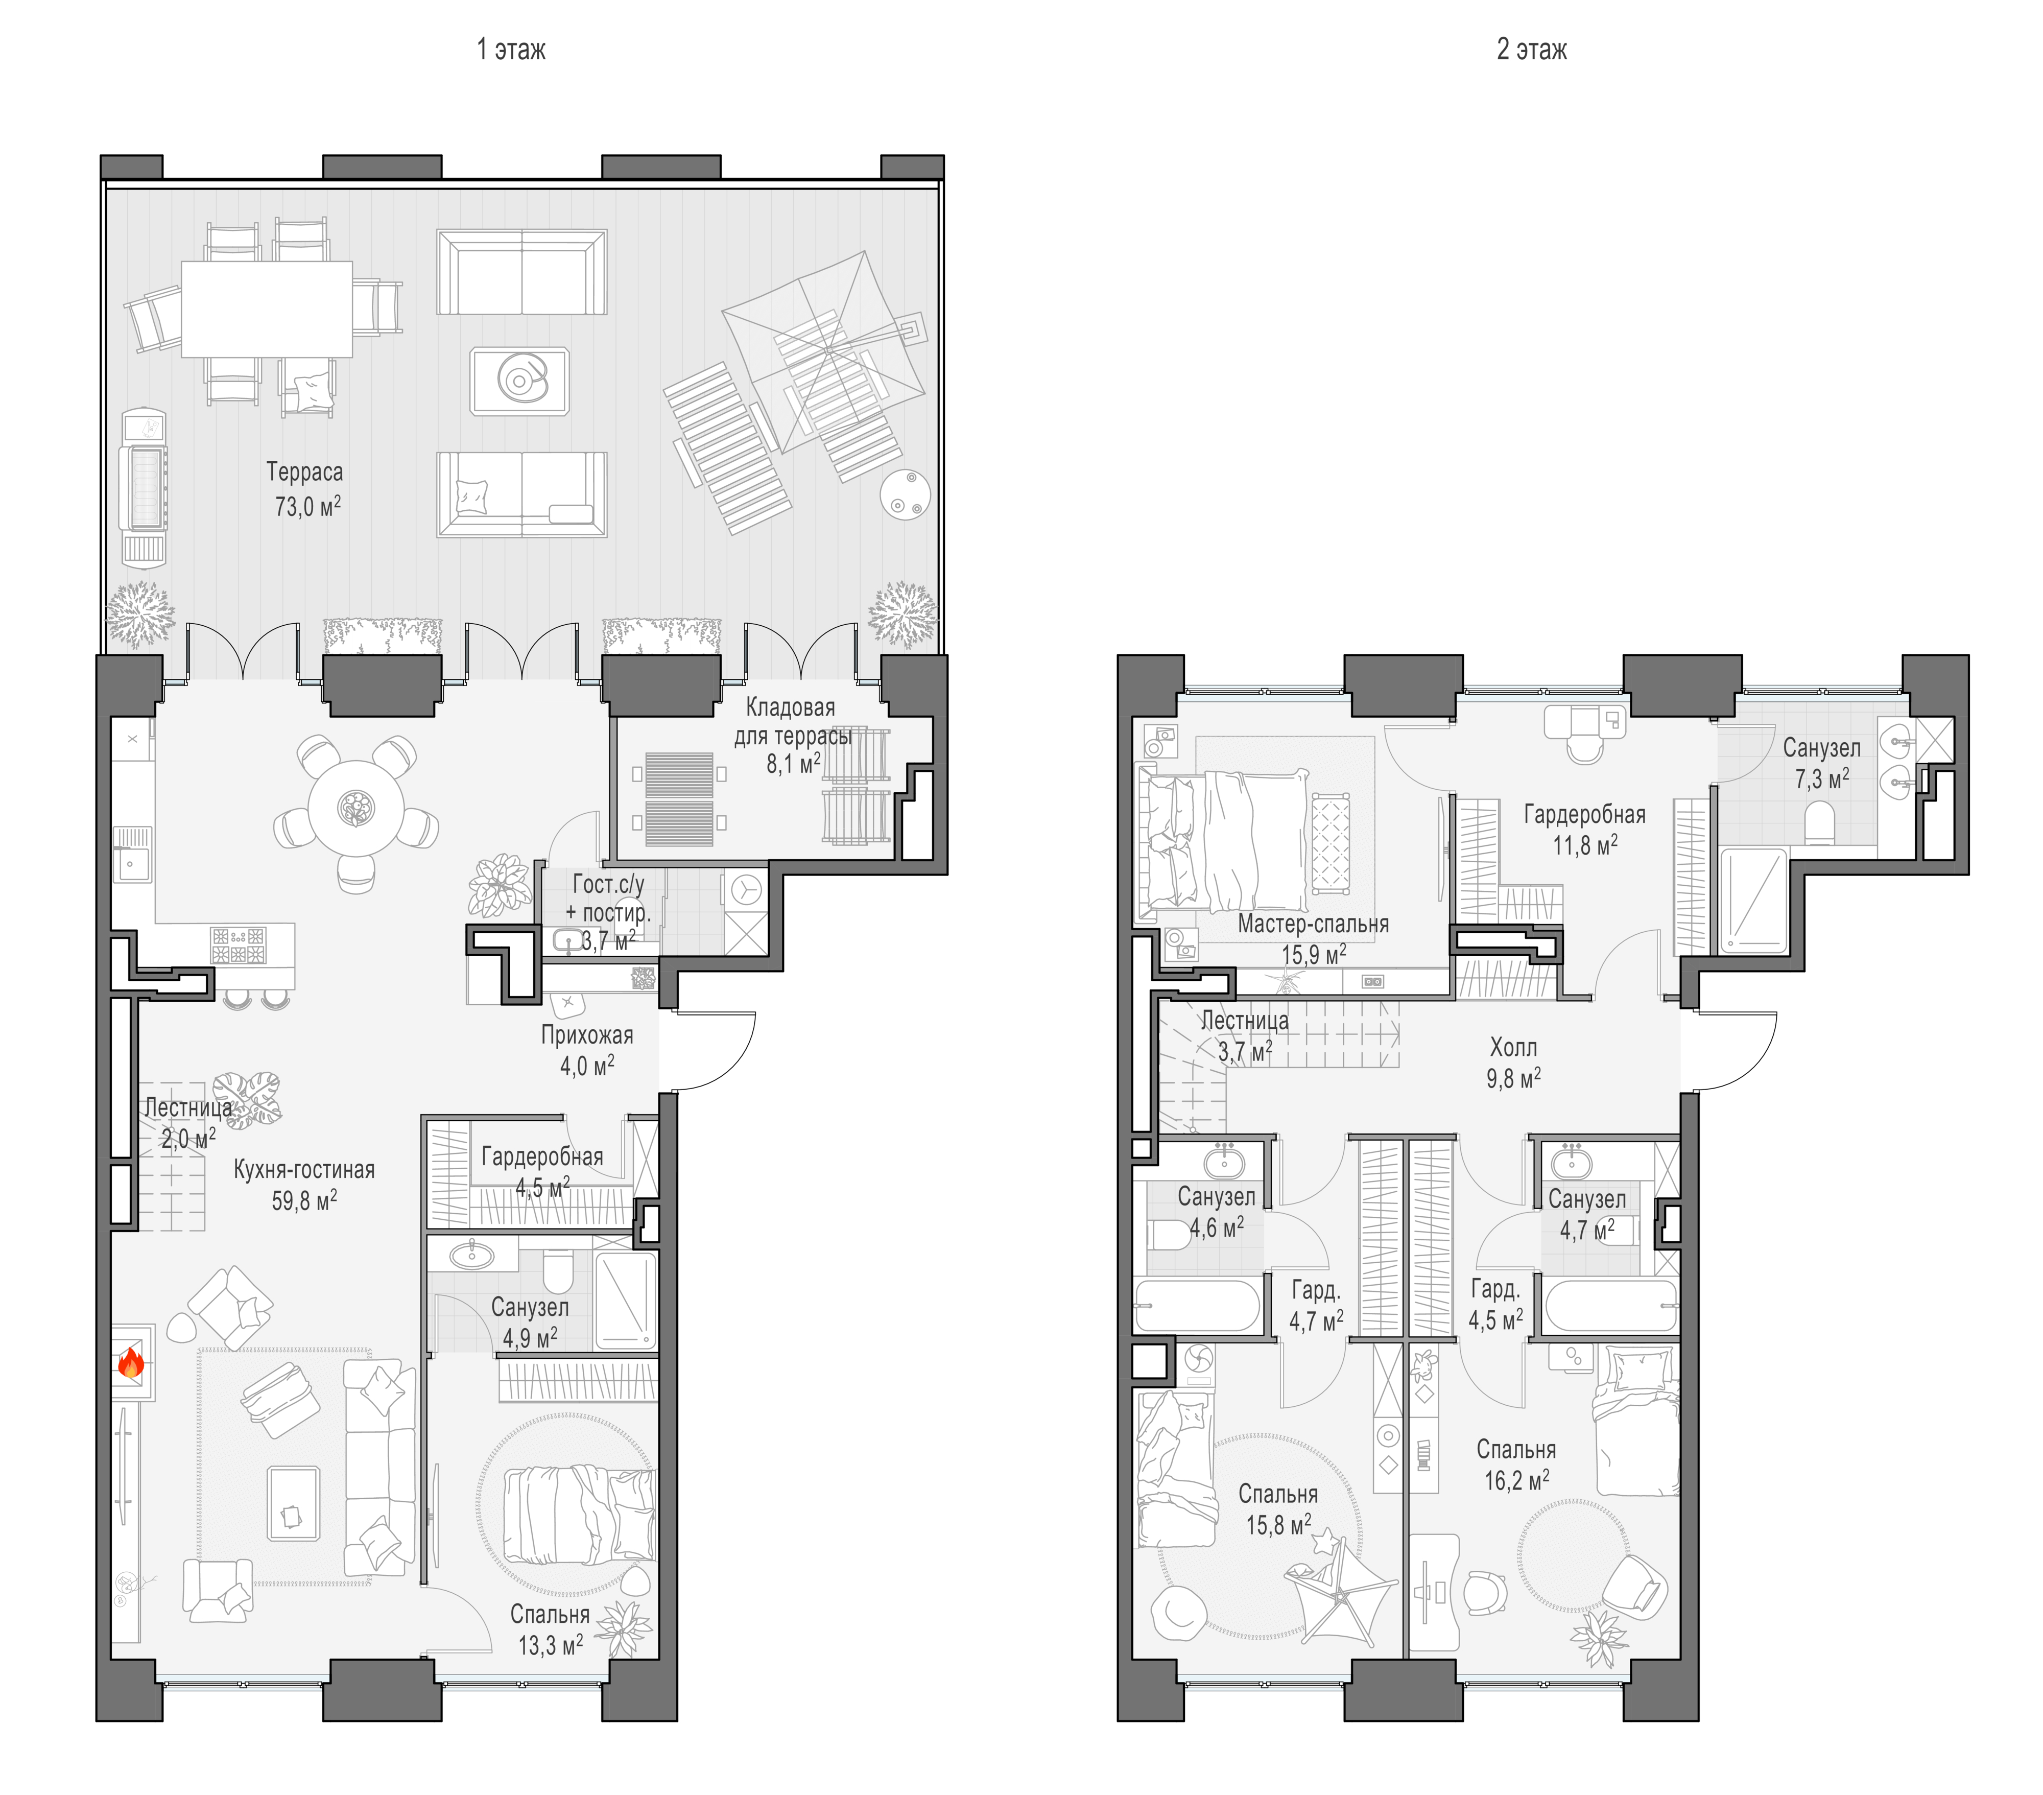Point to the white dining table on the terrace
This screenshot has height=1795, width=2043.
pyautogui.click(x=267, y=309)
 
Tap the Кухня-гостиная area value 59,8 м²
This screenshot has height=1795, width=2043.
pyautogui.click(x=305, y=1200)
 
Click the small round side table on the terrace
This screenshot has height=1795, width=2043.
pyautogui.click(x=906, y=494)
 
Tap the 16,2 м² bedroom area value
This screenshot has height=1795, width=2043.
pyautogui.click(x=1517, y=1480)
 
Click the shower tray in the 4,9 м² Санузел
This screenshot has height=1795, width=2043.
pyautogui.click(x=626, y=1300)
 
